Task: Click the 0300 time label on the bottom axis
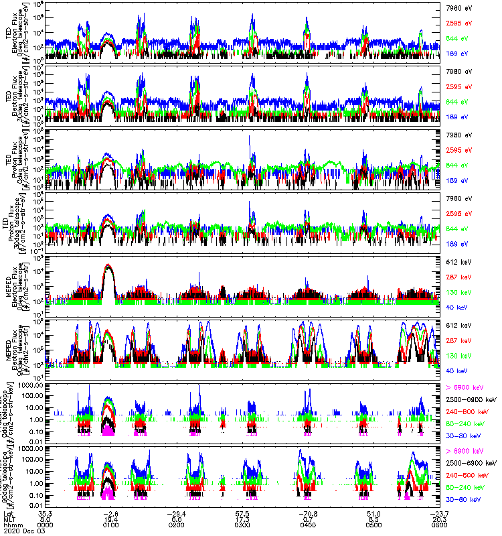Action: tap(242, 523)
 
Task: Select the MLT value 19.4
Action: tap(111, 517)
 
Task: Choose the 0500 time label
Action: tap(373, 523)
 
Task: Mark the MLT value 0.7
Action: tap(307, 517)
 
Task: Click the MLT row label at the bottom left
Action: tap(9, 517)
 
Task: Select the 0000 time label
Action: tap(46, 523)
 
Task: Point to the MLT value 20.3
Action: tap(438, 517)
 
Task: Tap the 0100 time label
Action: tap(111, 523)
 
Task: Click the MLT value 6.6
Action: tap(177, 517)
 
